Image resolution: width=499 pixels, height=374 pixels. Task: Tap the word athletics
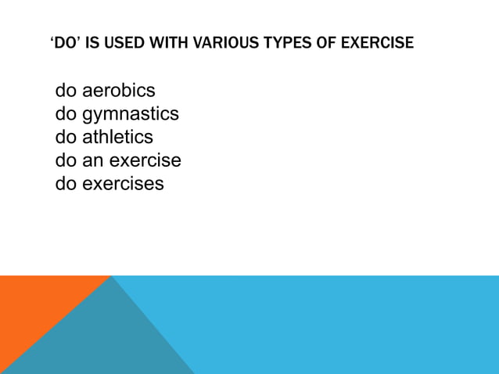click(117, 137)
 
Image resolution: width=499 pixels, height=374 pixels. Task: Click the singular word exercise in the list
click(145, 160)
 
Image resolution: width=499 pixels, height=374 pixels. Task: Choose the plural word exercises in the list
click(123, 184)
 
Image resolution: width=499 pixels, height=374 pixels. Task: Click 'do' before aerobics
click(66, 91)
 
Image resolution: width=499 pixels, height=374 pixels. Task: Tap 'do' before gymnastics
click(66, 114)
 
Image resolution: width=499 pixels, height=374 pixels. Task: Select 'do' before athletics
click(66, 137)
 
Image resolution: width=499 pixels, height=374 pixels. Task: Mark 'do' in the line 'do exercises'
click(66, 184)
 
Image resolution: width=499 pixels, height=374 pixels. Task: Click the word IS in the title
click(92, 43)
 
